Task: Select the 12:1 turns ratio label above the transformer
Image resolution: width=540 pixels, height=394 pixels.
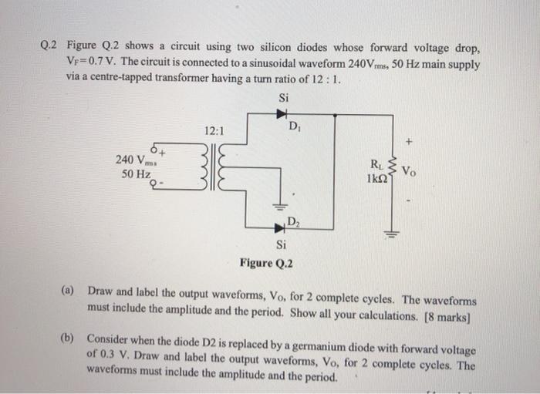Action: (214, 132)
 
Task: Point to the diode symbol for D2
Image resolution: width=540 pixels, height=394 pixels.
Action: (278, 228)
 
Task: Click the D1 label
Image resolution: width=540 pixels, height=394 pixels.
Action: (295, 125)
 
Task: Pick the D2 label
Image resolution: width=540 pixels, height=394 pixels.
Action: (294, 222)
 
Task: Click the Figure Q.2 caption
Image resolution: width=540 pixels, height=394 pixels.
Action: (268, 263)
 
